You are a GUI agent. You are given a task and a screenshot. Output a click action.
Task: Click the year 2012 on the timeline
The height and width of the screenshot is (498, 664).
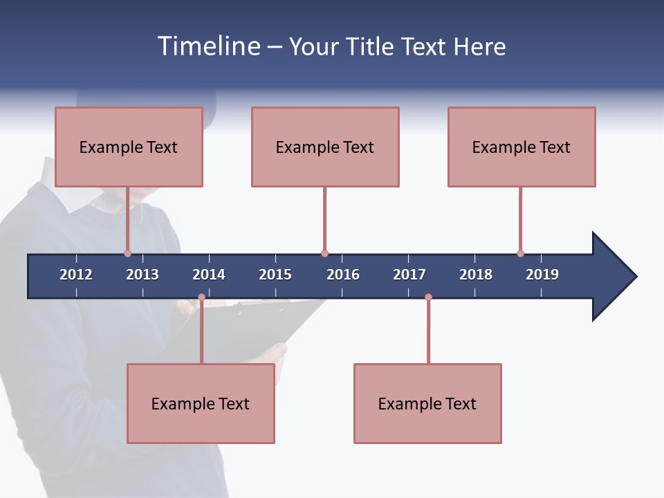76,275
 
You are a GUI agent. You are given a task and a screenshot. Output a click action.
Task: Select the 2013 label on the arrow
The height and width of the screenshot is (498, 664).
142,275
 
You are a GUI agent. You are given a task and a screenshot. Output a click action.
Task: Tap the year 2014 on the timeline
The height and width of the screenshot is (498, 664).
209,275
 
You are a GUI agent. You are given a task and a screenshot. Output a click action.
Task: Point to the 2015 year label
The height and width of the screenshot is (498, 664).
275,275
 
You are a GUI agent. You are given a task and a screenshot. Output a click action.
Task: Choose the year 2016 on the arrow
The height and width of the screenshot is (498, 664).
343,275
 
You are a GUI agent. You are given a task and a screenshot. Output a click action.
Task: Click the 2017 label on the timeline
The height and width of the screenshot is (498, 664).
409,275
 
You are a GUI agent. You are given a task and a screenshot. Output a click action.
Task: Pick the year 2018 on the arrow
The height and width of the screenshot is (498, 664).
476,275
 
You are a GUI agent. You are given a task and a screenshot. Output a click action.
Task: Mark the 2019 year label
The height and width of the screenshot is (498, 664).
542,275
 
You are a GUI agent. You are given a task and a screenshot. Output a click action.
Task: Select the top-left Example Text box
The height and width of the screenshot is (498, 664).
129,147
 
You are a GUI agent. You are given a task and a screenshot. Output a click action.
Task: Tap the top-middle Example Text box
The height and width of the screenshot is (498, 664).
325,147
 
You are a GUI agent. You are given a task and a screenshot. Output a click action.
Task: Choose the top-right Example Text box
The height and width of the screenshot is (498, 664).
522,147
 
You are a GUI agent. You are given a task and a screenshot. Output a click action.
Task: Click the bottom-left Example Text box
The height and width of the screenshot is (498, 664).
201,403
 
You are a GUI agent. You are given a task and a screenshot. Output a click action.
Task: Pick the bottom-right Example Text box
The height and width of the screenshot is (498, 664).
427,403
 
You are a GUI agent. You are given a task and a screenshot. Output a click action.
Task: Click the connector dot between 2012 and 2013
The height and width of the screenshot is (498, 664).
127,253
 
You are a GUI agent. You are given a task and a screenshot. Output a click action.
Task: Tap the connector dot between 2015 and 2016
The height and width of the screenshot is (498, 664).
324,253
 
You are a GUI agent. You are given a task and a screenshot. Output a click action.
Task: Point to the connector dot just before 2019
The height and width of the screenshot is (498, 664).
520,253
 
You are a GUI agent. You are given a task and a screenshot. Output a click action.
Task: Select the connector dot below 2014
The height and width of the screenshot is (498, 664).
201,297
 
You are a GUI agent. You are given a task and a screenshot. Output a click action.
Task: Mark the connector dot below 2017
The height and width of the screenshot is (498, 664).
428,297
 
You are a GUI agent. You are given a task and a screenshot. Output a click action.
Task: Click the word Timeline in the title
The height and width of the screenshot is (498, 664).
208,46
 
